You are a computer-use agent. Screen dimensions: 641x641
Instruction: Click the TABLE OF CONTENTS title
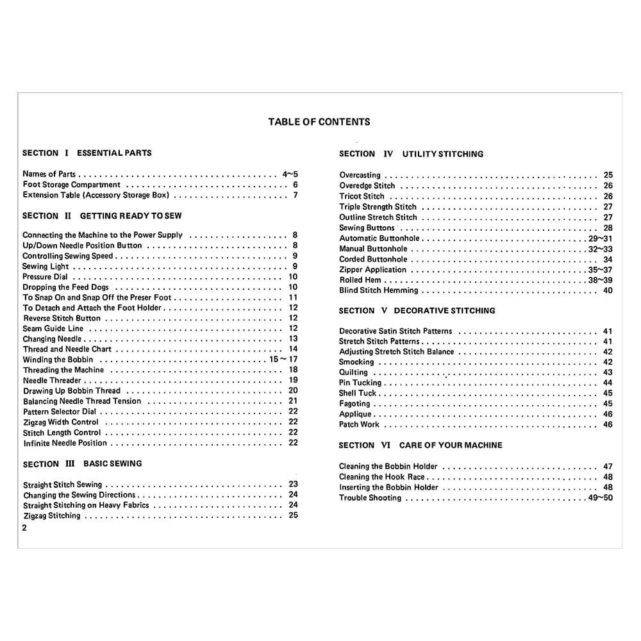[x=319, y=122]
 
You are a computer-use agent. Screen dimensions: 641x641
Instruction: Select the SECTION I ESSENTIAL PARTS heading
[x=87, y=153]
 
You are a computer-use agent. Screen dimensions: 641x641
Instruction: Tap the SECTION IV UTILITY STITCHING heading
[x=411, y=154]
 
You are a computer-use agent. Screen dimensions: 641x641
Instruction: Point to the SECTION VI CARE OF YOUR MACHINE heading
[x=420, y=445]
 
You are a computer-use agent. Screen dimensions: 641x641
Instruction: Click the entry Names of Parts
[x=49, y=174]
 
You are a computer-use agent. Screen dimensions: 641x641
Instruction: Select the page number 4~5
[x=290, y=174]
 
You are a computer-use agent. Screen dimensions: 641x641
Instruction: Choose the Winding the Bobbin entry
[x=58, y=360]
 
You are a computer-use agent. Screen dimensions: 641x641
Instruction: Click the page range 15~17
[x=283, y=360]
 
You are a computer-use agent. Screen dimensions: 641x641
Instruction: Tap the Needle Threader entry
[x=52, y=381]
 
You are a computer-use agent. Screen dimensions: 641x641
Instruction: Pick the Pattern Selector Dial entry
[x=60, y=412]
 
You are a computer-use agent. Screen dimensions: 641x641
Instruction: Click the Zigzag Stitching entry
[x=52, y=515]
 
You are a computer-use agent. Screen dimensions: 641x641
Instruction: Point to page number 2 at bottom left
[x=24, y=529]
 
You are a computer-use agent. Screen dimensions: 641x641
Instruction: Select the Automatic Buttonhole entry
[x=379, y=238]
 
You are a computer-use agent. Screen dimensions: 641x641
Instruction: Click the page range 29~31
[x=601, y=238]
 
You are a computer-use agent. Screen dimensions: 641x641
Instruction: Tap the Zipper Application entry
[x=372, y=270]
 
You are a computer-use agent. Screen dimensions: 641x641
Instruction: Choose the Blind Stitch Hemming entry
[x=378, y=290]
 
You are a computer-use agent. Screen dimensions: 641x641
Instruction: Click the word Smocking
[x=356, y=362]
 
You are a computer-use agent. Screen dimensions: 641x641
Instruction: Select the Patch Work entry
[x=359, y=424]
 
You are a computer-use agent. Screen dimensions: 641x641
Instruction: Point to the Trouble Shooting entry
[x=370, y=498]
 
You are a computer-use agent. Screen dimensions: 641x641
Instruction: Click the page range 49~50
[x=601, y=498]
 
